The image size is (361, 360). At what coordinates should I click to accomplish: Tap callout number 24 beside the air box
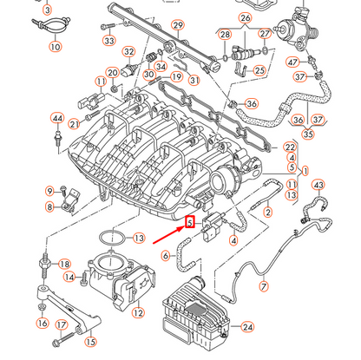point(248,327)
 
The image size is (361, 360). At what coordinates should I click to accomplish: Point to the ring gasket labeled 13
point(108,237)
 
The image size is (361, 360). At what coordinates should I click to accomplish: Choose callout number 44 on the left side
point(57,118)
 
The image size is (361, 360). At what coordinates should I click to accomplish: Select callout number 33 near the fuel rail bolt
point(108,41)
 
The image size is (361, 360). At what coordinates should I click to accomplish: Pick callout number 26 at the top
point(246,17)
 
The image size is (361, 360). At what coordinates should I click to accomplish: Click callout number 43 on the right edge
point(318,185)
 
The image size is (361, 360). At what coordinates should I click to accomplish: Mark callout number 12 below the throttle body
point(135,311)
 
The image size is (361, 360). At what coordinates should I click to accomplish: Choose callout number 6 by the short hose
point(165,256)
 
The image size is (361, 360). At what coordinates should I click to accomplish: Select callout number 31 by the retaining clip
point(194,81)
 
